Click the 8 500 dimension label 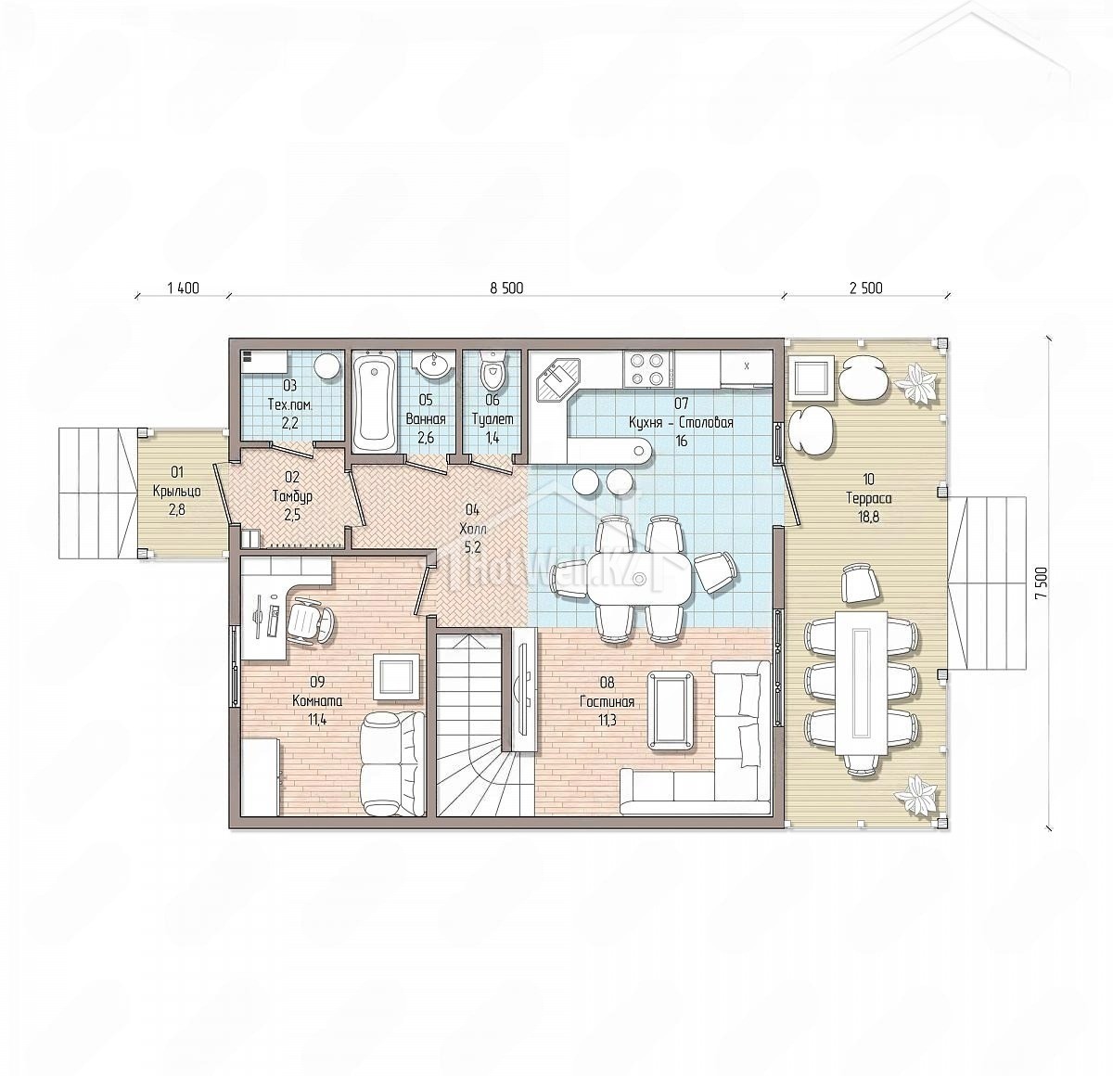[506, 288]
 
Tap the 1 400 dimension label [183, 288]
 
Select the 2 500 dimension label [866, 288]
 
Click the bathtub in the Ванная [374, 403]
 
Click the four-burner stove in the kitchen [647, 369]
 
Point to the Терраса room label [869, 499]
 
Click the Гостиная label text [607, 702]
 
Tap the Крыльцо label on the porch [177, 491]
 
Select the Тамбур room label [292, 495]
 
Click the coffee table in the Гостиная [672, 710]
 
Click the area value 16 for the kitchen [681, 441]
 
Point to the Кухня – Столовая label [681, 423]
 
